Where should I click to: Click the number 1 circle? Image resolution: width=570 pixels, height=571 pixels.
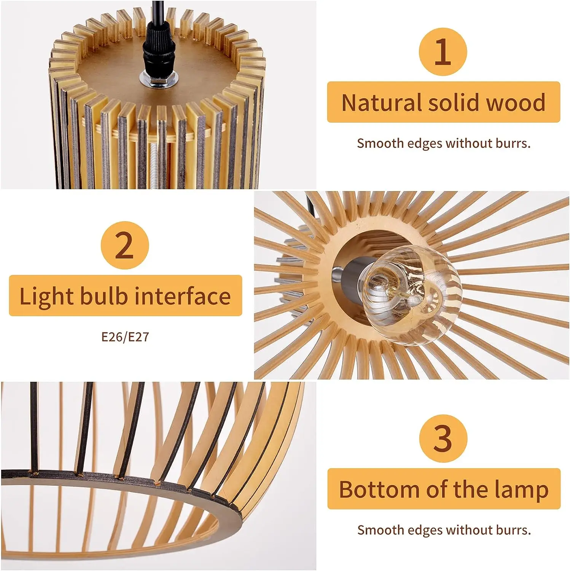443,52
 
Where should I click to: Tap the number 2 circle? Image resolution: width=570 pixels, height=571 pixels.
125,245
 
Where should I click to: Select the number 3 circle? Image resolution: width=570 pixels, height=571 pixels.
443,438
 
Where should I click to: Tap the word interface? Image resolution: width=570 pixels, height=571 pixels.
183,296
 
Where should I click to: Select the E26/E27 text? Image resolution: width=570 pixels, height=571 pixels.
125,337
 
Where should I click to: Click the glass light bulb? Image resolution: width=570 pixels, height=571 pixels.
411,295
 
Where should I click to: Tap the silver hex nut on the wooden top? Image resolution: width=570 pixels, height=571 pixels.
159,79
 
